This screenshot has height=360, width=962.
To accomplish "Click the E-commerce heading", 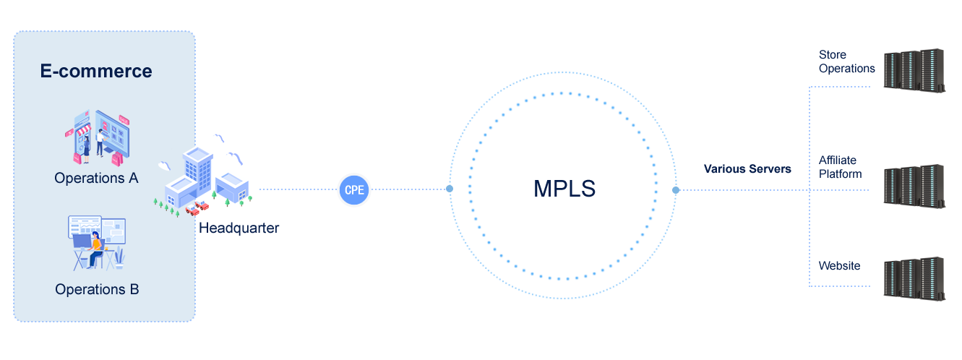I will tap(96, 71).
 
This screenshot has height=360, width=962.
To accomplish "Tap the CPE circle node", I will tap(354, 190).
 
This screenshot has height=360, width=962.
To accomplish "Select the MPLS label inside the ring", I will tap(564, 189).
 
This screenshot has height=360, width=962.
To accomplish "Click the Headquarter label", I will tap(239, 228).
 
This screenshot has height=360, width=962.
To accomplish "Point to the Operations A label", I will tap(96, 178).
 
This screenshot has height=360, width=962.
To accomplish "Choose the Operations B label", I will tap(97, 290).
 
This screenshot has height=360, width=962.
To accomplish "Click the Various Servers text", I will tap(747, 169).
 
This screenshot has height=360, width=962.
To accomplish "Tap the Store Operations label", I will tap(846, 62).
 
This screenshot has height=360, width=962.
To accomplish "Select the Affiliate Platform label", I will tap(840, 167).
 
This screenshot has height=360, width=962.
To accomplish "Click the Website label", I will tap(839, 266).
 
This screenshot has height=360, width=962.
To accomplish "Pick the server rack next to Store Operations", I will tap(914, 70).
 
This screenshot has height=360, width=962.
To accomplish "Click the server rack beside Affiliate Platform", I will tap(914, 186).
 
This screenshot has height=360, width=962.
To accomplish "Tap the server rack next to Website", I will tap(914, 278).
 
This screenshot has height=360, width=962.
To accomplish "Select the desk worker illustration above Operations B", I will tap(97, 243).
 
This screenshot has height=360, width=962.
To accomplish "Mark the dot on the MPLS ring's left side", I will tap(450, 189).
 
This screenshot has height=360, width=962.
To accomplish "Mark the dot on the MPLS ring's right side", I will tap(676, 191).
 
